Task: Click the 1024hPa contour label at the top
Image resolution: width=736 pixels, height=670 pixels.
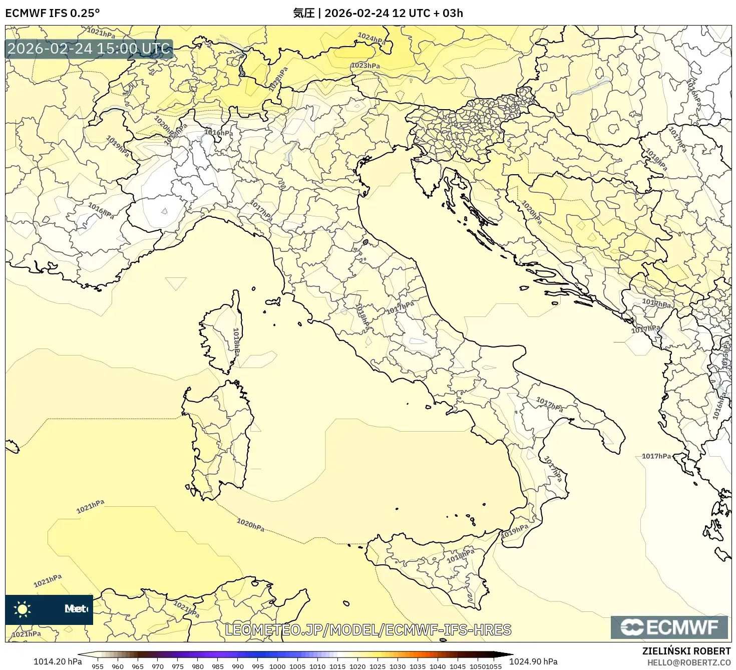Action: (x=372, y=39)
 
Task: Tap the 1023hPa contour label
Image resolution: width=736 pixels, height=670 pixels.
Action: (x=365, y=66)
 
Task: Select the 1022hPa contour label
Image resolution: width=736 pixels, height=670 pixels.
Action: (x=278, y=79)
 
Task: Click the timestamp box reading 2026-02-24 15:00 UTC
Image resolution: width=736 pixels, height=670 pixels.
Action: (x=89, y=49)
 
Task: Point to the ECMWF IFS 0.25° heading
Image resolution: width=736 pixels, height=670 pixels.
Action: (x=53, y=13)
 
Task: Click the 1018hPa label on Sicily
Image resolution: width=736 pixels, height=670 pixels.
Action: (x=460, y=555)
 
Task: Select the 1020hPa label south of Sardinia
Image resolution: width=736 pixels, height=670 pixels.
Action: (x=250, y=525)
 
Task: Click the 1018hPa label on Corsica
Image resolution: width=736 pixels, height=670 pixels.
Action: (x=236, y=343)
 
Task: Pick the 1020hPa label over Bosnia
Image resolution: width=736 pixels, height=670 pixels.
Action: (x=531, y=212)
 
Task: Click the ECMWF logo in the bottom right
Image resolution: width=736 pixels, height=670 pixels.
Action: (x=669, y=627)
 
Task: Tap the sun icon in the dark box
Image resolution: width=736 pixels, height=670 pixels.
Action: (x=23, y=609)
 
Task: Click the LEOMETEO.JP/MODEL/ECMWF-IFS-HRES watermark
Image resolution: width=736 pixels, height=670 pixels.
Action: (x=368, y=630)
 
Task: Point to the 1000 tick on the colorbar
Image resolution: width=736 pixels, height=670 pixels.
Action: (x=277, y=666)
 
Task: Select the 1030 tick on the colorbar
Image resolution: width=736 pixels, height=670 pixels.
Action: (x=398, y=666)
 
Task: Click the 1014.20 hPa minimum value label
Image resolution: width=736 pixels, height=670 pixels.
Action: (x=58, y=661)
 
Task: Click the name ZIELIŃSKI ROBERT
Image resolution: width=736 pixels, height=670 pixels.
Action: (x=686, y=651)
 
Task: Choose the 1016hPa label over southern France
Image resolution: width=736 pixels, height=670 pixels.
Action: (x=101, y=210)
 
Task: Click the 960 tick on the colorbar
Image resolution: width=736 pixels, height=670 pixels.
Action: (x=117, y=666)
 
